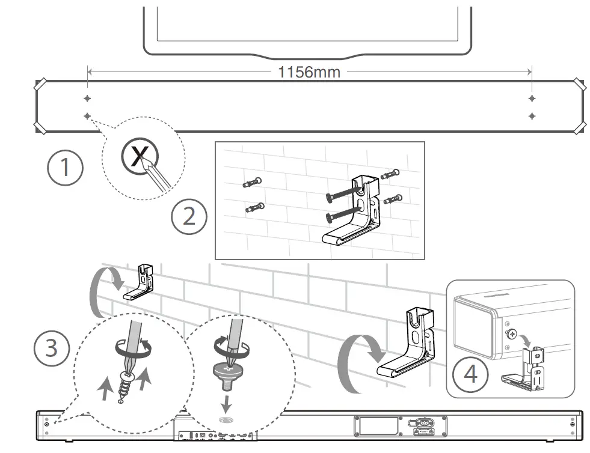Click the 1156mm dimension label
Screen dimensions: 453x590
(309, 73)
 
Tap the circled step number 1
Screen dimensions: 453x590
(65, 168)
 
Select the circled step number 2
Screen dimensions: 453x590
(189, 216)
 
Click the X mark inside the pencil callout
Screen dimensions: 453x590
(139, 158)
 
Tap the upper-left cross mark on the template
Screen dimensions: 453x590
(87, 98)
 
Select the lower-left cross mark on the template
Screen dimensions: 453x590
(87, 115)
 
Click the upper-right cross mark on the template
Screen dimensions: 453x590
(532, 98)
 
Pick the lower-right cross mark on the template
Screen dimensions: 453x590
(532, 115)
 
